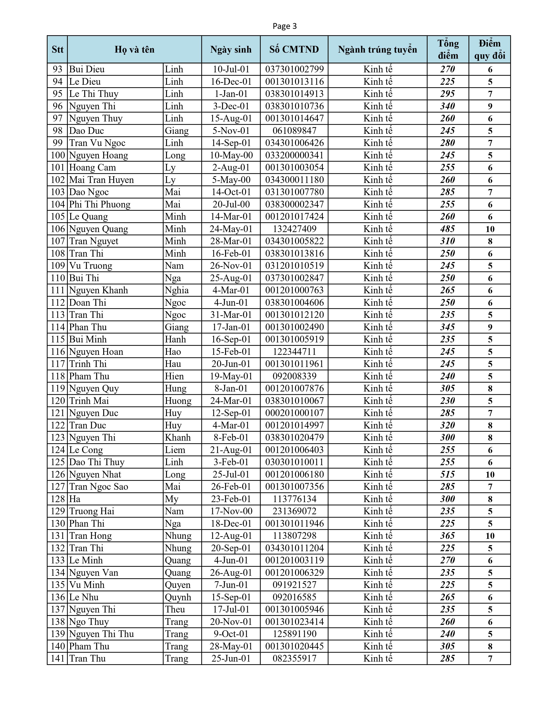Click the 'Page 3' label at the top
[x=285, y=26]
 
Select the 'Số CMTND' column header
[x=294, y=50]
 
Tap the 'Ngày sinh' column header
[x=231, y=50]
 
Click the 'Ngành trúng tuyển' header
[x=377, y=50]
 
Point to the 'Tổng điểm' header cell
[x=448, y=50]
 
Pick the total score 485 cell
[x=448, y=229]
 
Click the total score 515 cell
[x=448, y=474]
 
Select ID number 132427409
[x=294, y=229]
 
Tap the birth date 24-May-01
[x=231, y=229]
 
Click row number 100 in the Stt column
[x=57, y=155]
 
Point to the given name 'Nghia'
[x=177, y=290]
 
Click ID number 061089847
[x=294, y=131]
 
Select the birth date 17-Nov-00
[x=231, y=511]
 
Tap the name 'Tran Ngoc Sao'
[x=98, y=486]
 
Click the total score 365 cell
[x=448, y=536]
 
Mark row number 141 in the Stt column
[x=57, y=659]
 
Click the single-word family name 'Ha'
[x=75, y=499]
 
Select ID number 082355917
[x=294, y=659]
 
